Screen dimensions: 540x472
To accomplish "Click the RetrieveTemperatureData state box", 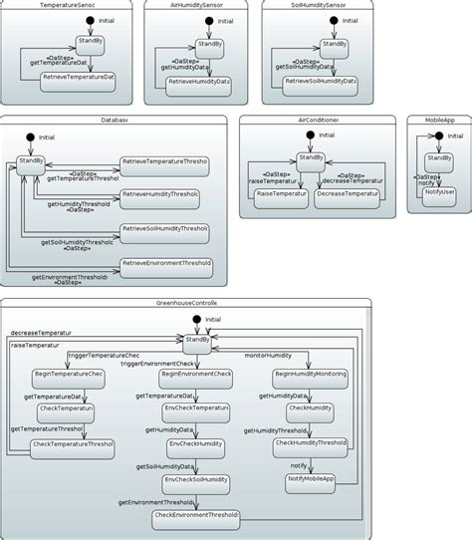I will pos(79,79).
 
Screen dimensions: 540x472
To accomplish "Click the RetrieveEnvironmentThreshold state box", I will pos(165,266).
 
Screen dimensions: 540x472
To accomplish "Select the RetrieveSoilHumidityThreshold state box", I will pos(164,232).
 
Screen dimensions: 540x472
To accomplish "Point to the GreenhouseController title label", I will pos(186,303).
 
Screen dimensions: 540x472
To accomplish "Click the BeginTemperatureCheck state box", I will pos(68,376).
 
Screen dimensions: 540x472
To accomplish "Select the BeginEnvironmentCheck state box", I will pos(196,376).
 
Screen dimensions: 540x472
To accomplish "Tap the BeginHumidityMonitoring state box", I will pos(311,376).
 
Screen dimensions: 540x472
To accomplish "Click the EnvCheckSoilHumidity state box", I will pos(197,480).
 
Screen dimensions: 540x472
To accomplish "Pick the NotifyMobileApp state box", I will pos(311,480).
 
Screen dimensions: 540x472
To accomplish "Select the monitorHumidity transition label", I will pos(268,356).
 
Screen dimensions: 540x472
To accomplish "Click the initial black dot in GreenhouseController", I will pos(196,319).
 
